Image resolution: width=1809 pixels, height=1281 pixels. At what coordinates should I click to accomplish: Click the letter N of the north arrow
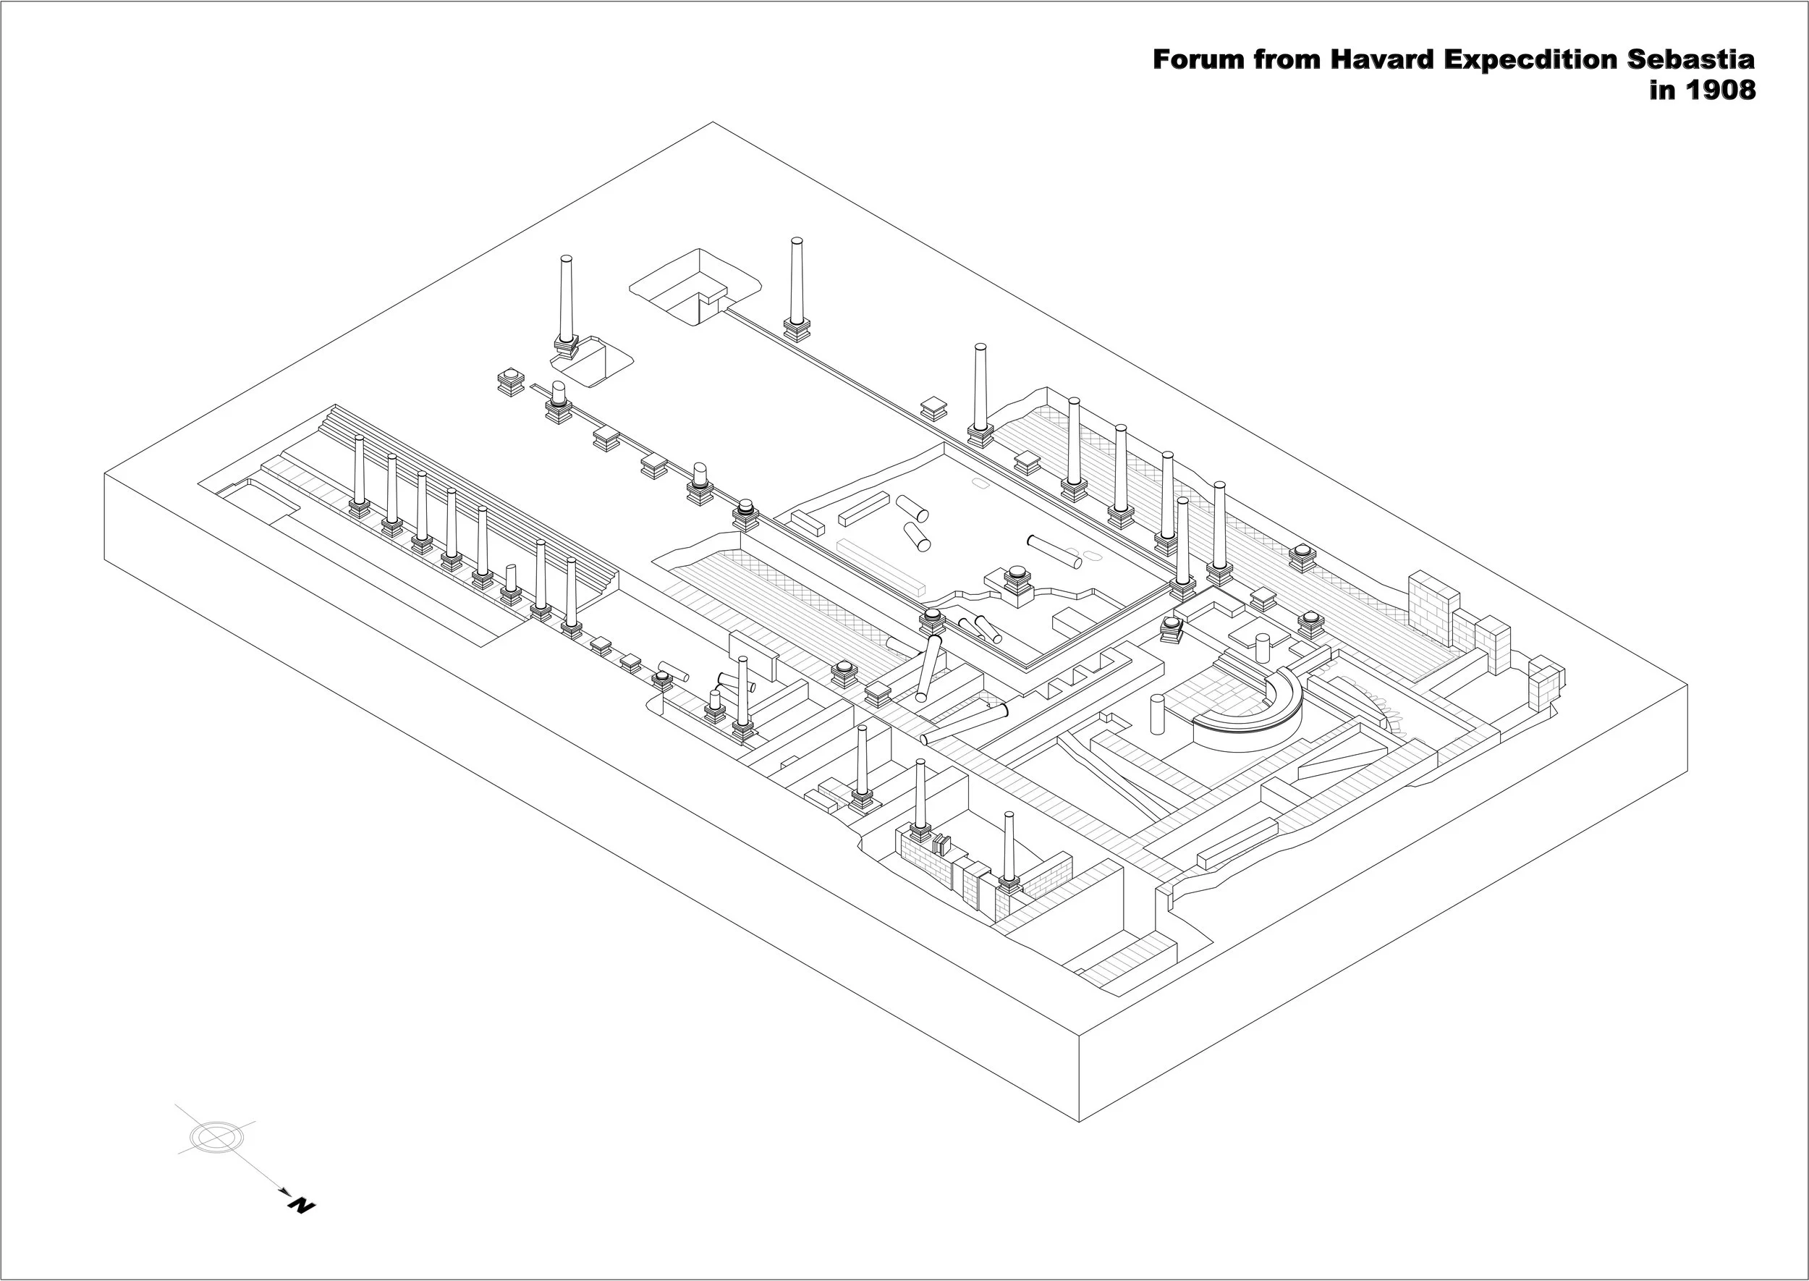point(301,1204)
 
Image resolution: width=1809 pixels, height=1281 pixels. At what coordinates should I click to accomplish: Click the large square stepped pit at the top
point(694,286)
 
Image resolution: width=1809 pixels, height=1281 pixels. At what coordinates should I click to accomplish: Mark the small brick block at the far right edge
point(1546,682)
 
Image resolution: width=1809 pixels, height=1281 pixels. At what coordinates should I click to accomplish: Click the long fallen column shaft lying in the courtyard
point(1054,551)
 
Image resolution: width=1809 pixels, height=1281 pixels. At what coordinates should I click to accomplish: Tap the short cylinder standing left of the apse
point(1158,714)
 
